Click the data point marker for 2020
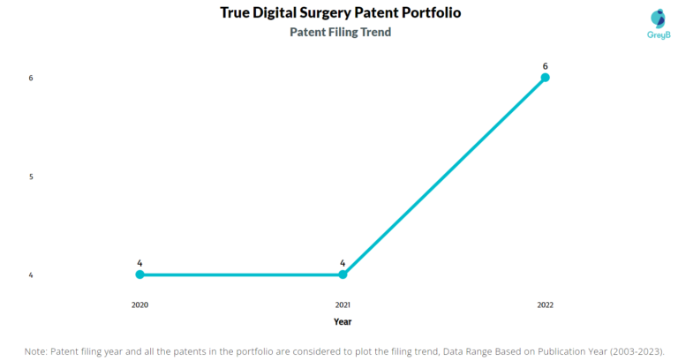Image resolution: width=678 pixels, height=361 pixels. [139, 275]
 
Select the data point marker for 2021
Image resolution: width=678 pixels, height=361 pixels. [343, 275]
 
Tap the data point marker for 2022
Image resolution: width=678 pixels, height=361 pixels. [546, 78]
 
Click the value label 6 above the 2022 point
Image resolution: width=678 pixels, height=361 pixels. [546, 65]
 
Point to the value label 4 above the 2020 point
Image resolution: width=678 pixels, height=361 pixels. [139, 263]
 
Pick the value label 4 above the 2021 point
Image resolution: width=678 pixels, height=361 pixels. [343, 263]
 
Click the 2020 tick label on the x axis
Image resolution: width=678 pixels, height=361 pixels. [139, 305]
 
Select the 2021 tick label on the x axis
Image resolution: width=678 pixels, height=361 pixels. [343, 305]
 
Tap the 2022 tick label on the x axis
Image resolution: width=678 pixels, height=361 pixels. [546, 305]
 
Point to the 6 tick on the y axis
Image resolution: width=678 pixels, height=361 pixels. [31, 78]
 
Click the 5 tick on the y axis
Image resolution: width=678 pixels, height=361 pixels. [31, 177]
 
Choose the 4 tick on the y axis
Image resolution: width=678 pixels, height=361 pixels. [31, 275]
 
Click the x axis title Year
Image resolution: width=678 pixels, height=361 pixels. [343, 322]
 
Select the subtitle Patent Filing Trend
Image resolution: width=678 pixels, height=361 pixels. [341, 33]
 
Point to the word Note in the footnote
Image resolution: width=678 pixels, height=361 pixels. [36, 351]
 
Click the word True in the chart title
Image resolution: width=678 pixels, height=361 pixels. [237, 13]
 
